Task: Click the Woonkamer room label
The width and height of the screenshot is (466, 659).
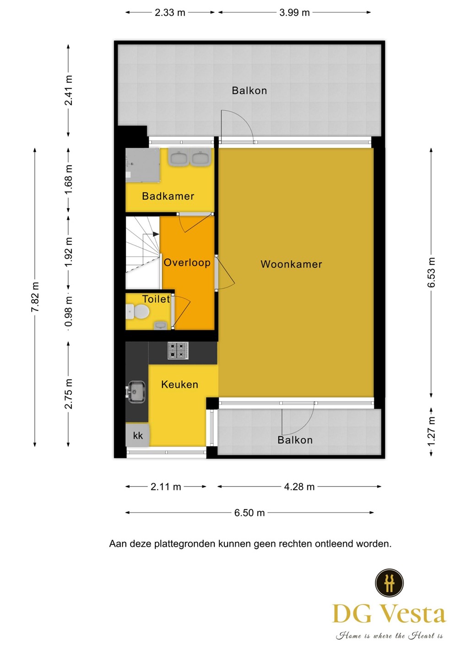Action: coord(291,264)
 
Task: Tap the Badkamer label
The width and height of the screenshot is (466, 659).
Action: coord(168,196)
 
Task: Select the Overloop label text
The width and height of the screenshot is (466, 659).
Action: coord(187,262)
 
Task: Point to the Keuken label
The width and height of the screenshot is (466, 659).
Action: coord(179,384)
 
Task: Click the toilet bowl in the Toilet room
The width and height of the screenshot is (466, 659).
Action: coord(138,312)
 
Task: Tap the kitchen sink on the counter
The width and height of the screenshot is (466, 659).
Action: coord(136,392)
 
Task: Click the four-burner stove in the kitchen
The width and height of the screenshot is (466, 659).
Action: coord(178,351)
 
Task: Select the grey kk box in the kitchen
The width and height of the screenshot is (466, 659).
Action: coord(137,435)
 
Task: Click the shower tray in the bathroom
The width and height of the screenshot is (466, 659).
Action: coord(143,165)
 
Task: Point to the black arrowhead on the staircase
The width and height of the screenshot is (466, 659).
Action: coord(156,234)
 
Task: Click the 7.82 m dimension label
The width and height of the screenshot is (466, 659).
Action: coord(35,297)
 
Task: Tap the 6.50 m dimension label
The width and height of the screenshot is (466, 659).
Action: coord(249,513)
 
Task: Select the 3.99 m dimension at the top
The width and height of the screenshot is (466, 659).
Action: coord(294,13)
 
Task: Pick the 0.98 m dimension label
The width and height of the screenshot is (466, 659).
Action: coord(69,312)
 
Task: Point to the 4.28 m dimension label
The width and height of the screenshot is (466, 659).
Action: coord(299,487)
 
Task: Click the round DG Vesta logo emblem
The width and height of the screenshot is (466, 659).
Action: coord(389,583)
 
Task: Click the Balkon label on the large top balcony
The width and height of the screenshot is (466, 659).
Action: coord(249,91)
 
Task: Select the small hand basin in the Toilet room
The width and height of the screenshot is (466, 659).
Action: coord(160,325)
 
